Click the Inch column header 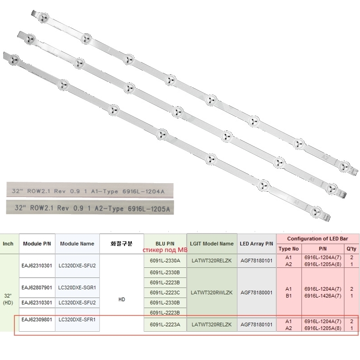(x=8, y=243)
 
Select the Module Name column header (x=77, y=243)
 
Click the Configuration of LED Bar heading (x=317, y=238)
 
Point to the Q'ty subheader (x=351, y=248)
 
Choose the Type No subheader (x=288, y=248)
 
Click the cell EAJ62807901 (x=37, y=287)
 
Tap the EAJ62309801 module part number (x=37, y=319)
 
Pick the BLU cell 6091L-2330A (x=164, y=261)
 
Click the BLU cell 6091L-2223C (x=164, y=292)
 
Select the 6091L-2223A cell (x=164, y=324)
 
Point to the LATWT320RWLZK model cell (x=212, y=292)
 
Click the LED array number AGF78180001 (x=257, y=292)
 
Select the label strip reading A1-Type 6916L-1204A (x=90, y=190)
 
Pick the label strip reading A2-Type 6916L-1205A (x=90, y=207)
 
